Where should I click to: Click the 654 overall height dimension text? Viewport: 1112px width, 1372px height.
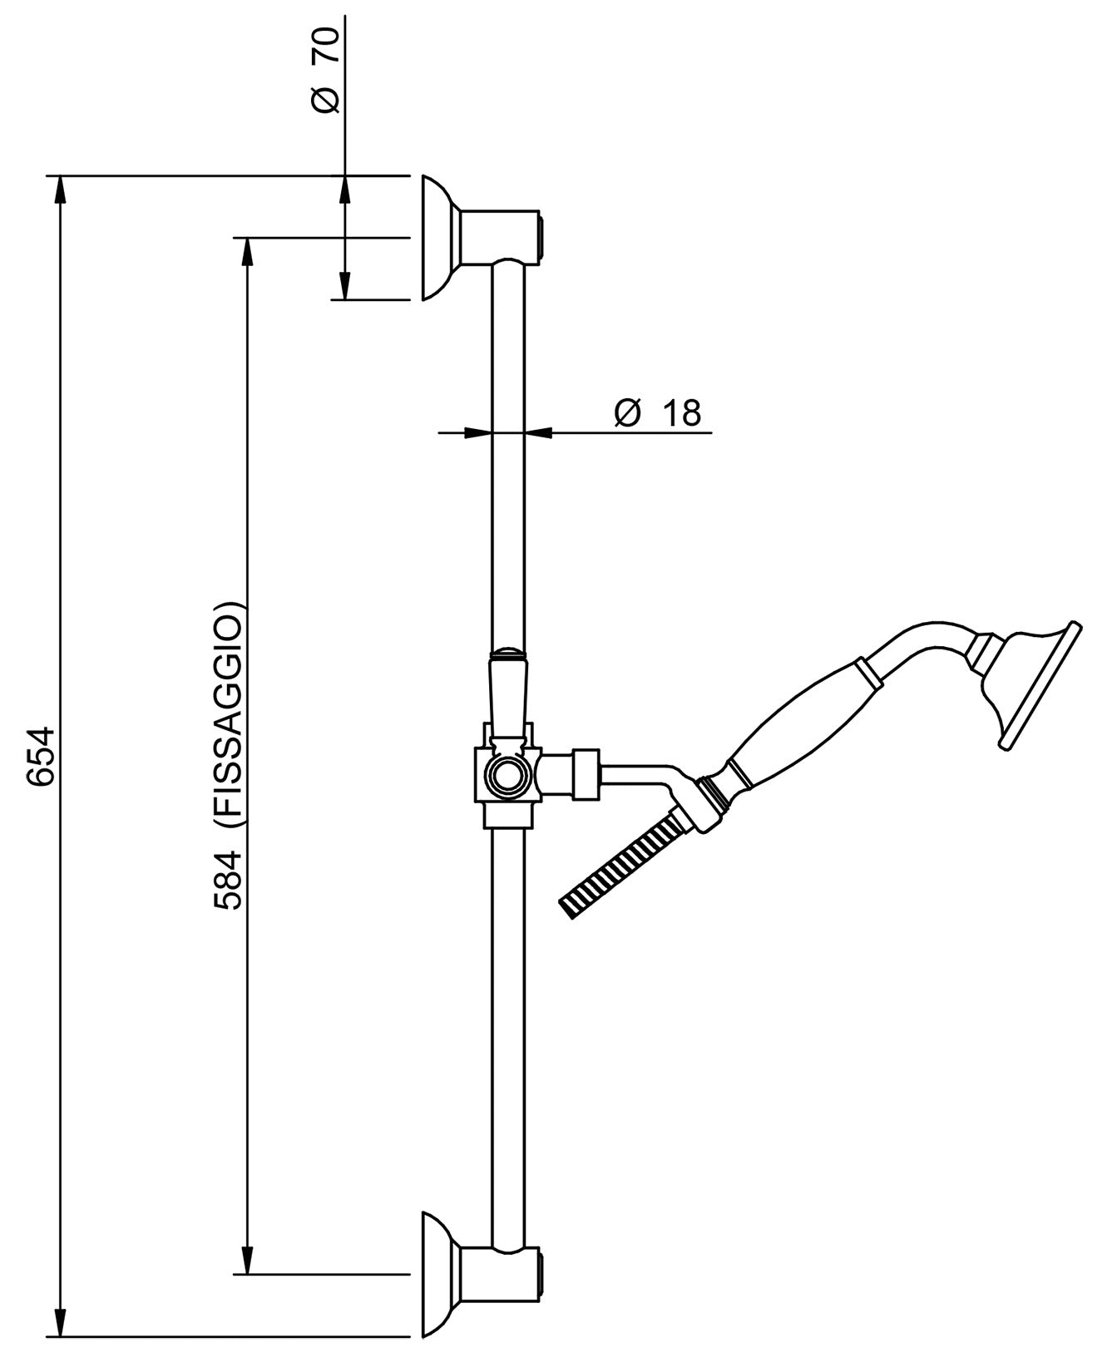click(39, 757)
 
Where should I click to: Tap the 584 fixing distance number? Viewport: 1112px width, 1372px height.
click(226, 880)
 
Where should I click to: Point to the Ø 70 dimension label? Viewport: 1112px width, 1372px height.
click(327, 71)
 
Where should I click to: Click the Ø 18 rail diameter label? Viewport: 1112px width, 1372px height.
click(657, 412)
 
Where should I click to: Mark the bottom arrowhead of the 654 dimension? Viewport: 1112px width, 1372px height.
click(59, 1324)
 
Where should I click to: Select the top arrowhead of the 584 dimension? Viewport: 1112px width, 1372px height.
click(247, 250)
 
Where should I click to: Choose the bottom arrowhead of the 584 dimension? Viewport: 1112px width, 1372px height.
click(247, 1261)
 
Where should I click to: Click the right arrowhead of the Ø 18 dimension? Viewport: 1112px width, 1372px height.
click(539, 432)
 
